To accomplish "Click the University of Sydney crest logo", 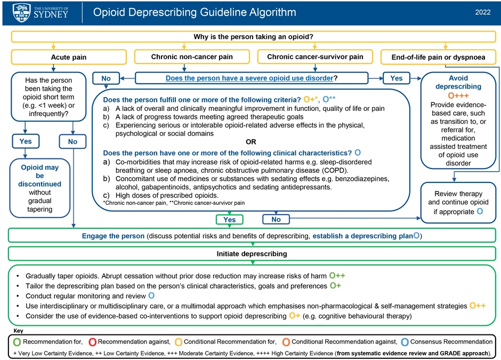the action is [x=21, y=12].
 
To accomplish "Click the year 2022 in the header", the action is [x=483, y=12].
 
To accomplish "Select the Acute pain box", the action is [x=69, y=57].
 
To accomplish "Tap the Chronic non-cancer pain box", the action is [x=192, y=57].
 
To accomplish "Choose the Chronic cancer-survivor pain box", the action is [x=315, y=57].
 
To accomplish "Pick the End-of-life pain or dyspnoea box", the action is [x=438, y=57].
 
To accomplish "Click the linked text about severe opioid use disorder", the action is [x=249, y=78].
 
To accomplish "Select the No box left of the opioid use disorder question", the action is [x=106, y=78].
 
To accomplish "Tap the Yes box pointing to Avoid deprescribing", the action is [x=396, y=78].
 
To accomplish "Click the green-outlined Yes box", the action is [x=229, y=219].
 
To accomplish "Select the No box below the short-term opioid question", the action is [x=72, y=141].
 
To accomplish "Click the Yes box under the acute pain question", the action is [x=26, y=141].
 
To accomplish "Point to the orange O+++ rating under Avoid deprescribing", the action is [x=458, y=95].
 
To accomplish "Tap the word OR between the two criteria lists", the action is [x=251, y=142].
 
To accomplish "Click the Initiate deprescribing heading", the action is [x=252, y=253].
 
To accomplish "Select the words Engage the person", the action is [x=113, y=236].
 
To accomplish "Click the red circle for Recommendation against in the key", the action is [x=92, y=342].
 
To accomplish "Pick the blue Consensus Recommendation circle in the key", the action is [x=405, y=342].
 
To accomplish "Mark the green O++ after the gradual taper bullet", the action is [x=337, y=276].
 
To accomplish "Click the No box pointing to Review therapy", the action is [x=276, y=219].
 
